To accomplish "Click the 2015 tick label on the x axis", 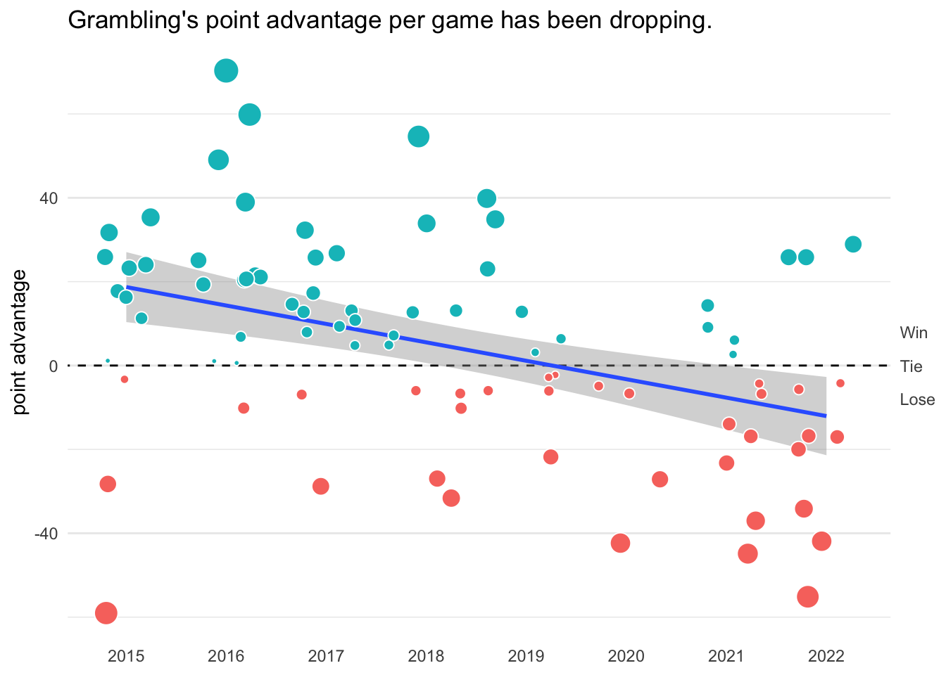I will click(126, 656).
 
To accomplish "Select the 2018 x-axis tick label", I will click(426, 656).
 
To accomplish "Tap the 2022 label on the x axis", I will click(826, 656).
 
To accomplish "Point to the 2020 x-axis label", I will click(626, 656).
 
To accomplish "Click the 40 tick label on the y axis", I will click(48, 198).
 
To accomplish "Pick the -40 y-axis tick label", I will click(46, 534).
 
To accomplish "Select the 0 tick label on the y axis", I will click(53, 366).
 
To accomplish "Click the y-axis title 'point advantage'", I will click(21, 342).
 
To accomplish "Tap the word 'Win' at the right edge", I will click(914, 333).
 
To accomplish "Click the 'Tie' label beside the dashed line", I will click(911, 366).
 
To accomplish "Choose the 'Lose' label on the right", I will click(917, 400).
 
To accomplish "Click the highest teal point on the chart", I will click(226, 71).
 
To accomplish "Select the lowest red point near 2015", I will click(106, 613).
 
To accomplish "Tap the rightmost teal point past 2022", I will click(853, 244).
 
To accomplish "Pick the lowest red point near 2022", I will click(808, 596).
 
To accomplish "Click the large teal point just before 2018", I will click(419, 136).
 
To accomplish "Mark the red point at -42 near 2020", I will click(620, 543).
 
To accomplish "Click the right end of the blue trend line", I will click(825, 416).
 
